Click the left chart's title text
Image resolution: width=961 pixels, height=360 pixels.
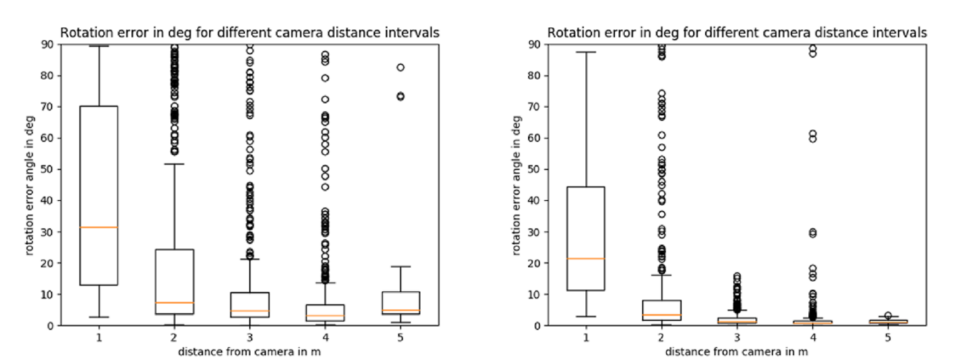[x=249, y=33]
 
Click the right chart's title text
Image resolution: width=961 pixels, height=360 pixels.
[x=737, y=33]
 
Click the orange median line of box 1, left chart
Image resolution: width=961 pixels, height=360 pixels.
[x=99, y=228]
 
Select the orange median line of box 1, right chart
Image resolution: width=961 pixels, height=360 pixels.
[x=586, y=259]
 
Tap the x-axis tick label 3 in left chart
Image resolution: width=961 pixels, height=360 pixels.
[x=250, y=336]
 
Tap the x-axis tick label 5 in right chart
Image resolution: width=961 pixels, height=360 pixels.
[x=888, y=336]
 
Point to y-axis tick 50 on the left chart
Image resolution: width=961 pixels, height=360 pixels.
[x=49, y=169]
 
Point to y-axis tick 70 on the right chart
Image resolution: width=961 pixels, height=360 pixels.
[x=537, y=107]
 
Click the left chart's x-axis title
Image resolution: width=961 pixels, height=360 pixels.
[x=250, y=351]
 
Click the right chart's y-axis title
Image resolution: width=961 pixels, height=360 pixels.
[x=517, y=185]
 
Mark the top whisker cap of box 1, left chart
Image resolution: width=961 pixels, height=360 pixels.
[x=99, y=46]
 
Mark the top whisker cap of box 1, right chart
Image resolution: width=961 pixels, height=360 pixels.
[x=586, y=52]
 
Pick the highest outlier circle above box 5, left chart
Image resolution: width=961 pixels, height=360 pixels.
[x=400, y=67]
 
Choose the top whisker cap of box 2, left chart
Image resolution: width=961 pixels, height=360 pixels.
[x=175, y=164]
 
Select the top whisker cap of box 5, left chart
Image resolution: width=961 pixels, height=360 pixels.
[x=401, y=267]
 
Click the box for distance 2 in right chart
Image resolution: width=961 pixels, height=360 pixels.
[x=661, y=310]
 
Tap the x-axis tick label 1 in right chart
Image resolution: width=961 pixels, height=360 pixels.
[x=586, y=336]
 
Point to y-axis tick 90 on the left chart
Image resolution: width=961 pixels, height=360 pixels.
[x=49, y=44]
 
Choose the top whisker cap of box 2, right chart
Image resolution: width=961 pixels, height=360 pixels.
[x=661, y=275]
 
